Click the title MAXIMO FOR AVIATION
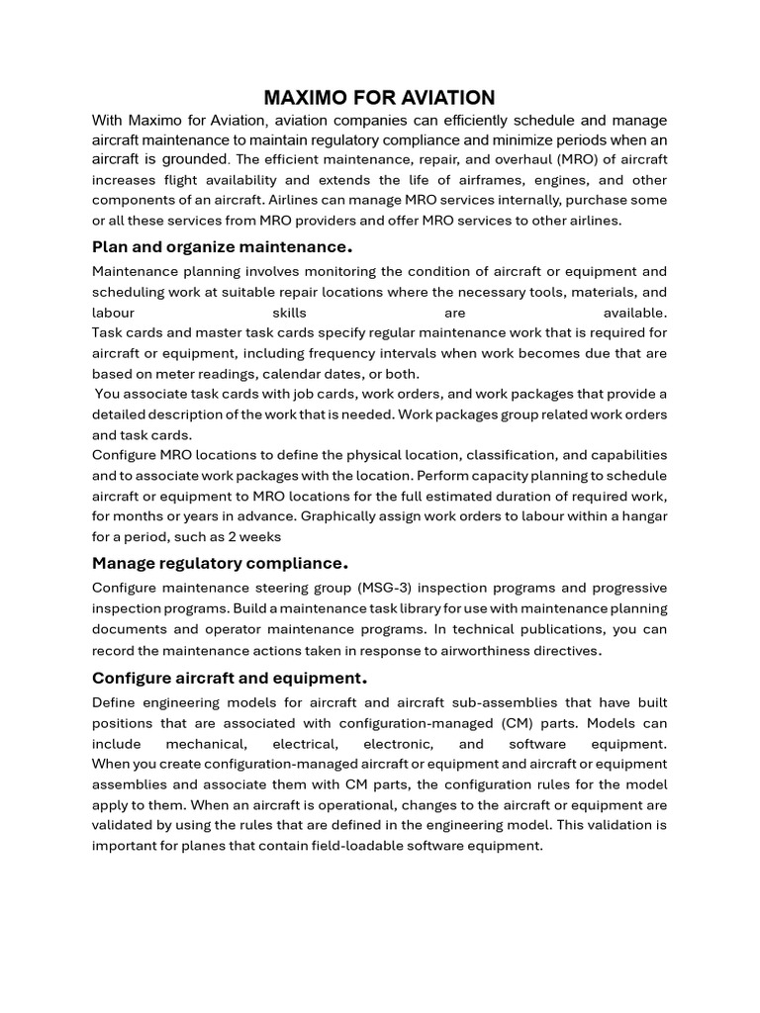[379, 97]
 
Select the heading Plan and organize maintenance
[222, 245]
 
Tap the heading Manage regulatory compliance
[220, 563]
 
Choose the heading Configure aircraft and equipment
[230, 678]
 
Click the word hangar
[643, 516]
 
